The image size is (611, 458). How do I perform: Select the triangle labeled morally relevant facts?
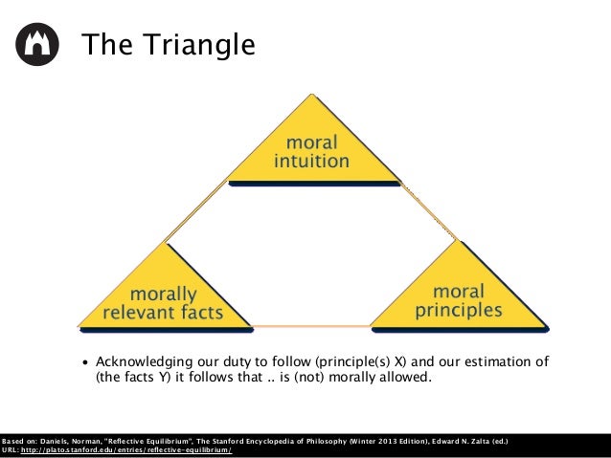[165, 295]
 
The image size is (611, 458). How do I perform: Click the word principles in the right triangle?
[459, 310]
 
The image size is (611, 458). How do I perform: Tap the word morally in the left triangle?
[164, 294]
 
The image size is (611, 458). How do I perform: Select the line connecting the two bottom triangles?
[311, 327]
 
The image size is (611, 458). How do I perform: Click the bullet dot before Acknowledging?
[85, 363]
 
